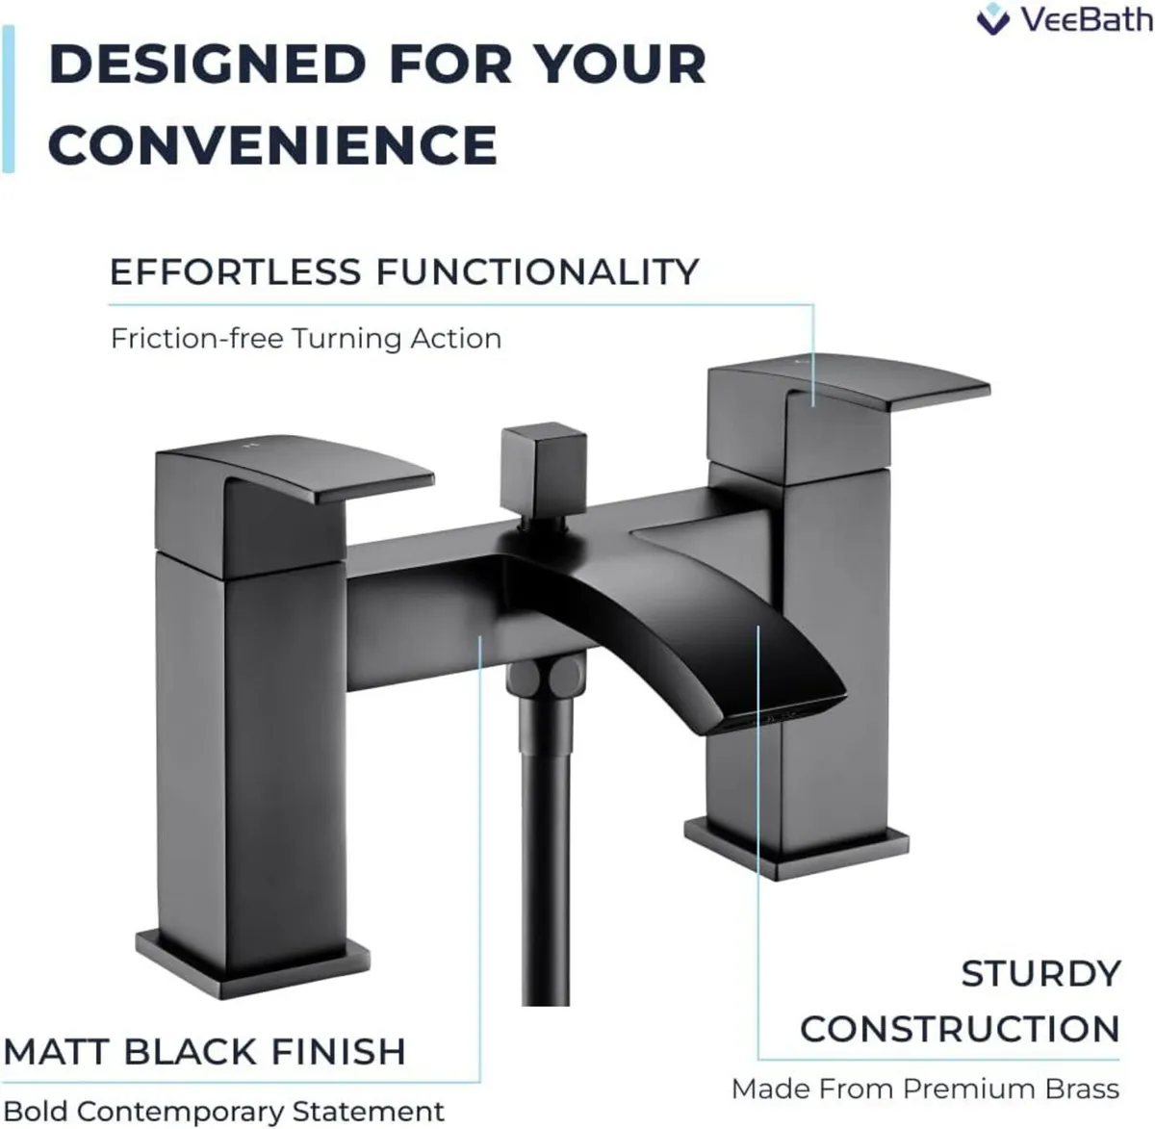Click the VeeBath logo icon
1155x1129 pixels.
[x=992, y=19]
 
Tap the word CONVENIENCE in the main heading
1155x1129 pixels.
[x=272, y=145]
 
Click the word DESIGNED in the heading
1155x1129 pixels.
[x=207, y=64]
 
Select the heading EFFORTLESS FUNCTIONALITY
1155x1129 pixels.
[x=404, y=271]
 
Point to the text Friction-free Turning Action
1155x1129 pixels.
[x=306, y=339]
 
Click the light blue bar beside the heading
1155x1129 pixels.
[x=8, y=99]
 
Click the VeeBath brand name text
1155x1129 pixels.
[x=1086, y=19]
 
